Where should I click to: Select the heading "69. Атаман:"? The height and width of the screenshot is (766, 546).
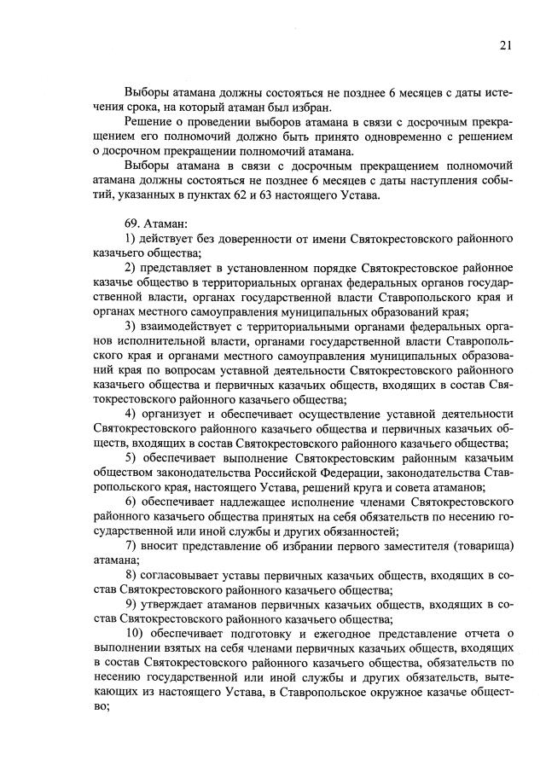pyautogui.click(x=150, y=222)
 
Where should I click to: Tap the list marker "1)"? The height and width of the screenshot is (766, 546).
pyautogui.click(x=131, y=237)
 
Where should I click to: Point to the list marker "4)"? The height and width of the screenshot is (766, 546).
pyautogui.click(x=131, y=413)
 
